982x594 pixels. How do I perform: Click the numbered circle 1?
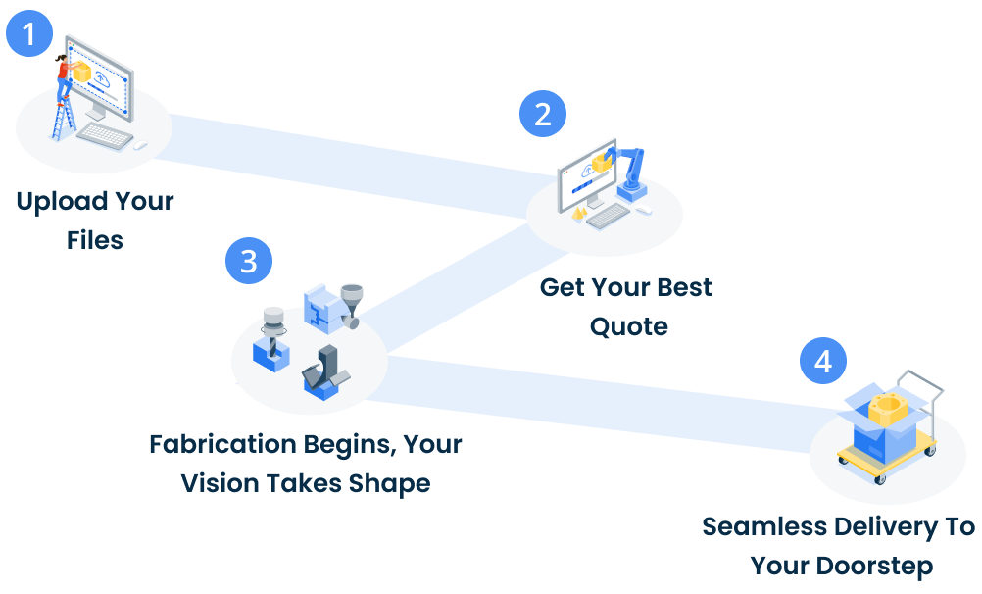(x=29, y=34)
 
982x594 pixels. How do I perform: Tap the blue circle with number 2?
(x=542, y=113)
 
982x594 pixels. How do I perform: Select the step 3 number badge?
(x=249, y=262)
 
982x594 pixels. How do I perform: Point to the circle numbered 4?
(x=823, y=361)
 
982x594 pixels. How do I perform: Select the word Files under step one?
(x=95, y=239)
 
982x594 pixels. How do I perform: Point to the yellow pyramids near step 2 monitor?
(x=580, y=210)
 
